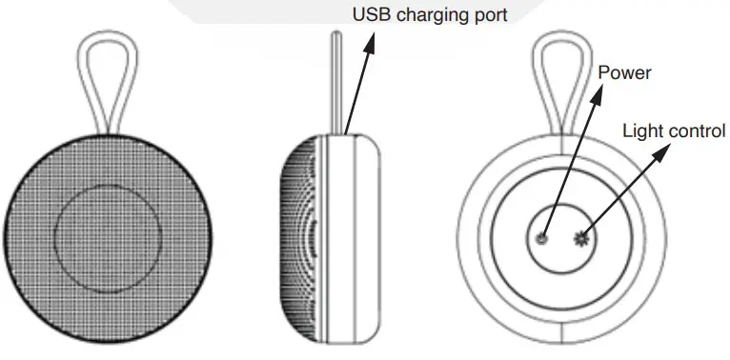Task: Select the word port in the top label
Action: click(x=488, y=14)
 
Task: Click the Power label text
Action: click(x=623, y=72)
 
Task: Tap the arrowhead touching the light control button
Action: click(x=584, y=233)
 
